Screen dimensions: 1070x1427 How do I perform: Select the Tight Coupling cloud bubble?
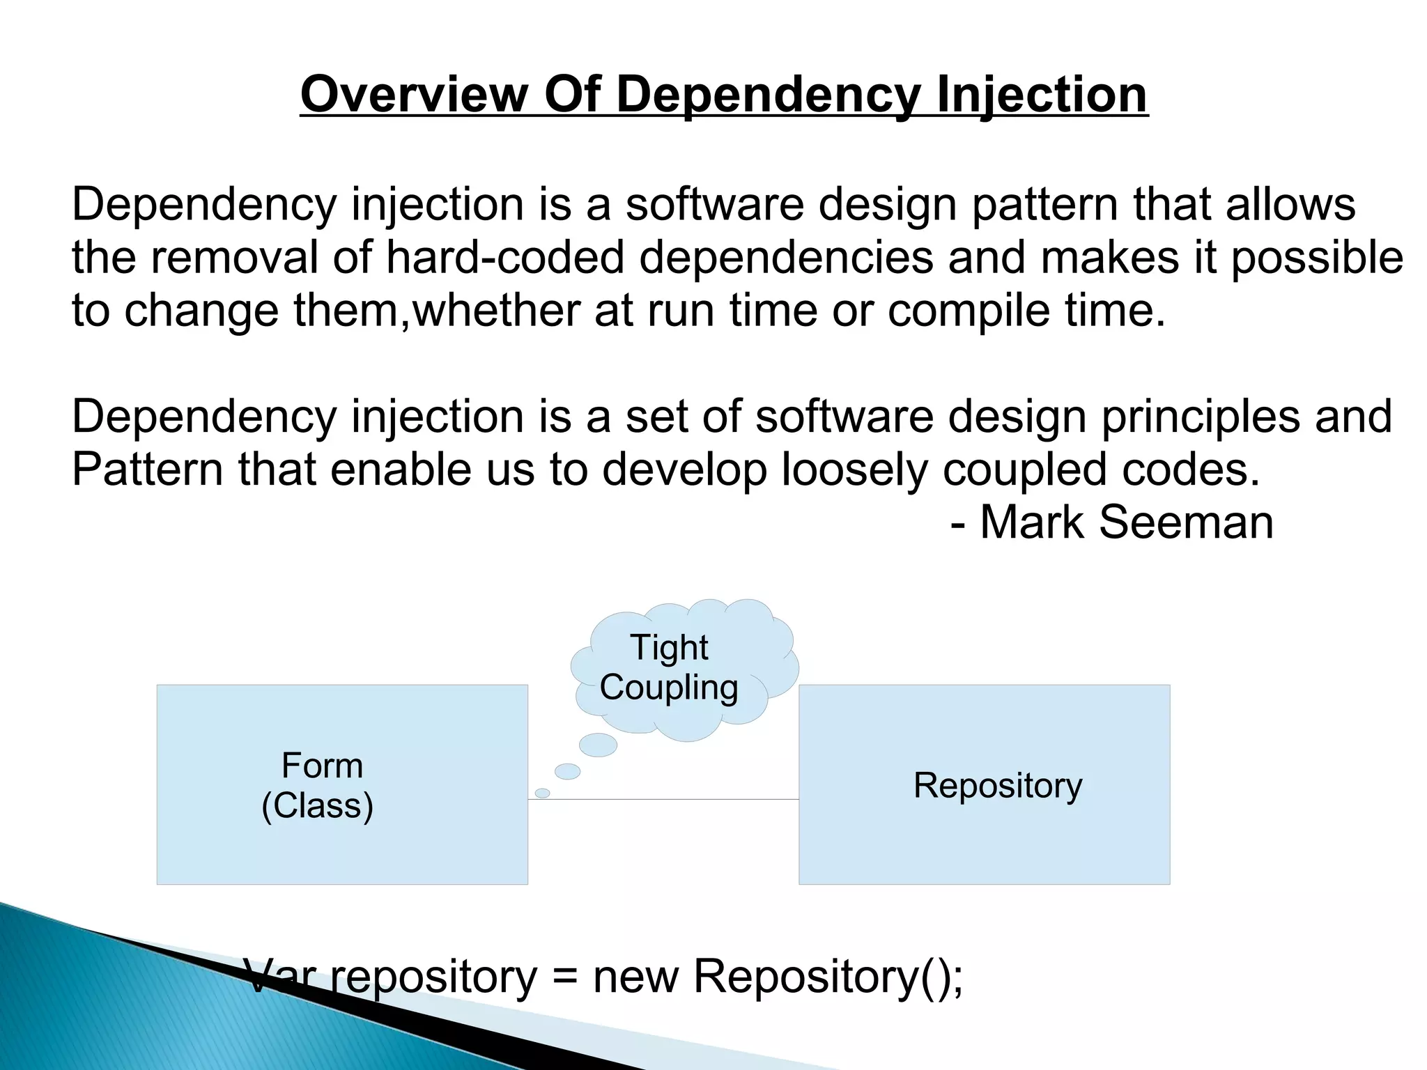[684, 667]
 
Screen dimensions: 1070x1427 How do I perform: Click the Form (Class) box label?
[320, 785]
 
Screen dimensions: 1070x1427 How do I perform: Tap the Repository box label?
[997, 785]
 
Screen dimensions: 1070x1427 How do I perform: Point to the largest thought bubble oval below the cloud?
[598, 745]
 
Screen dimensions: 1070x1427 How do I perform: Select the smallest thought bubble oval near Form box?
[542, 793]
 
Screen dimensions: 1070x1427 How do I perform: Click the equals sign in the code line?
[565, 977]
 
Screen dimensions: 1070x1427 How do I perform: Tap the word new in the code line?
[635, 977]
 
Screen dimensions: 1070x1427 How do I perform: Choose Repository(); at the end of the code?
[828, 977]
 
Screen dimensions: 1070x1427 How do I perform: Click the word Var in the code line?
[279, 977]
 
